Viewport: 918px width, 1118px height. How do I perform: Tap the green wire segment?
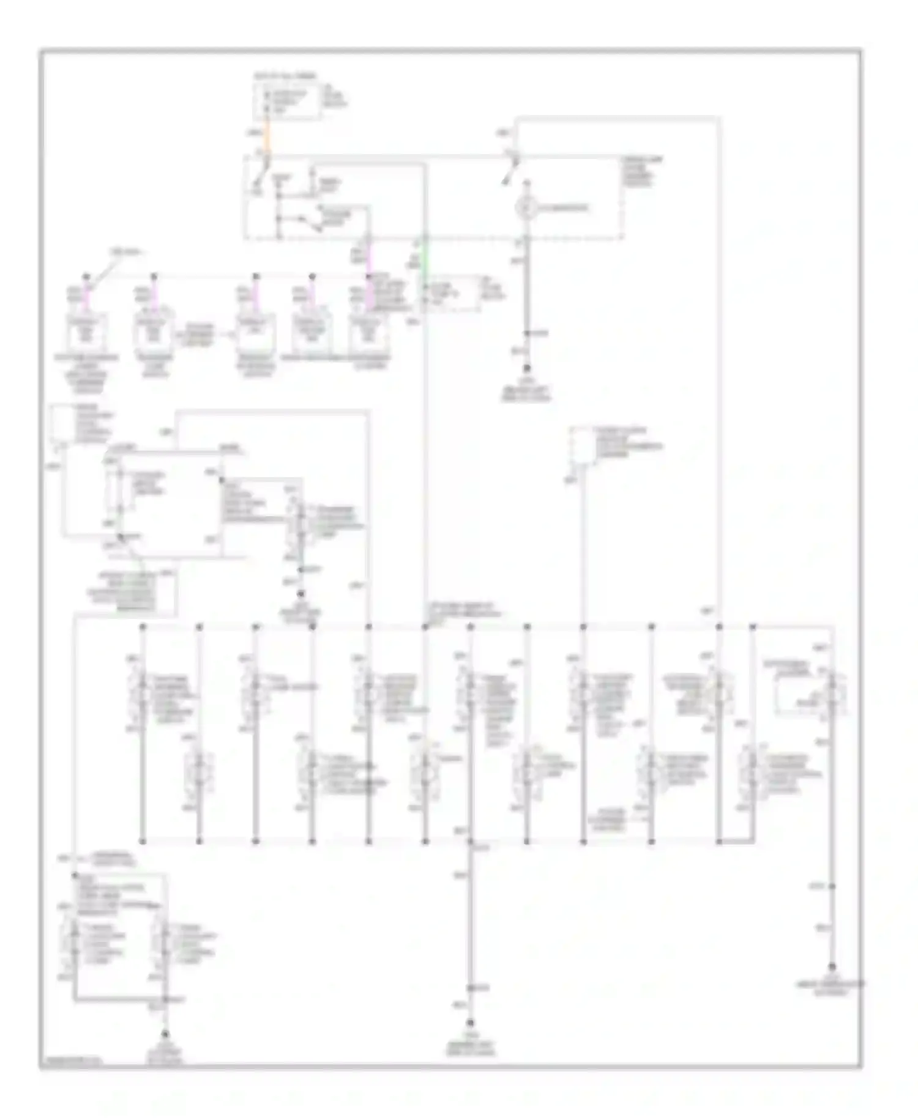[425, 263]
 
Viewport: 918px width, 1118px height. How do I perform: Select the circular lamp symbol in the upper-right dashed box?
[525, 209]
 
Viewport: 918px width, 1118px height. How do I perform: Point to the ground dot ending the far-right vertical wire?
[831, 968]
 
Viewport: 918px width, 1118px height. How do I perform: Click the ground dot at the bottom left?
[165, 1035]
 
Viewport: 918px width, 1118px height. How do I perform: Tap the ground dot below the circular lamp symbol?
[525, 369]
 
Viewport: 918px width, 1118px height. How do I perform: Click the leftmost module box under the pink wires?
[87, 335]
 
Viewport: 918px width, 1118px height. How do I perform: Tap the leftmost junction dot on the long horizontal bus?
[143, 627]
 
